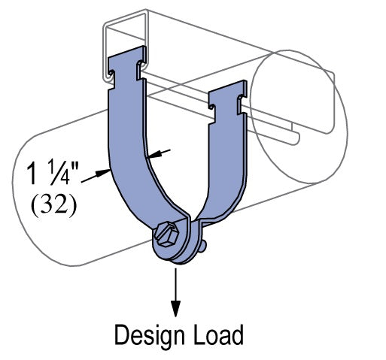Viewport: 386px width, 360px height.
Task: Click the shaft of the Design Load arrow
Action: (177, 286)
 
